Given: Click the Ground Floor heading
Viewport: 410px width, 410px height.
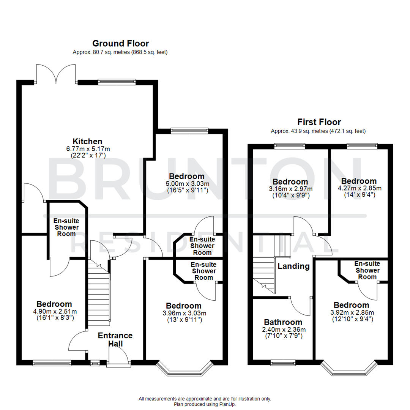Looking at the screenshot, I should [x=120, y=43].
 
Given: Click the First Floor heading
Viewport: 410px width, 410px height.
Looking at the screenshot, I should [x=319, y=122].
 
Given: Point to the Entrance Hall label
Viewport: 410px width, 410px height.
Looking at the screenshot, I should [x=115, y=339].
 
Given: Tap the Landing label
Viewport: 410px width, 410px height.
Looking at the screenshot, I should [x=293, y=266].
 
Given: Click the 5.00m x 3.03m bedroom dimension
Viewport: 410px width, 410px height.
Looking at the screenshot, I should [x=187, y=184].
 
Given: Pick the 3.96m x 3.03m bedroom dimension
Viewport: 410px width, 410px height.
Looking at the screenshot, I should [x=184, y=313].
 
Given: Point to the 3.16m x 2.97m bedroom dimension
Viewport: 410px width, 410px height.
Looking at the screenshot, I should [x=290, y=189].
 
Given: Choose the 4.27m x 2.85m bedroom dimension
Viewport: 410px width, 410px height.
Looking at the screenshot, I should [x=359, y=188].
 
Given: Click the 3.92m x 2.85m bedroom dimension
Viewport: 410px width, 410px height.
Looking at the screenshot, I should [x=351, y=313].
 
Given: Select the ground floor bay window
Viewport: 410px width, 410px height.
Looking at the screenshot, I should [x=184, y=369].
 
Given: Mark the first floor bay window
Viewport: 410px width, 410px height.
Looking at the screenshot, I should [x=349, y=368].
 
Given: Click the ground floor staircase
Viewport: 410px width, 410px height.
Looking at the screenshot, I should [x=99, y=292].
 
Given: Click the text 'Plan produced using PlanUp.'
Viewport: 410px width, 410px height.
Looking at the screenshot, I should [x=205, y=405].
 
